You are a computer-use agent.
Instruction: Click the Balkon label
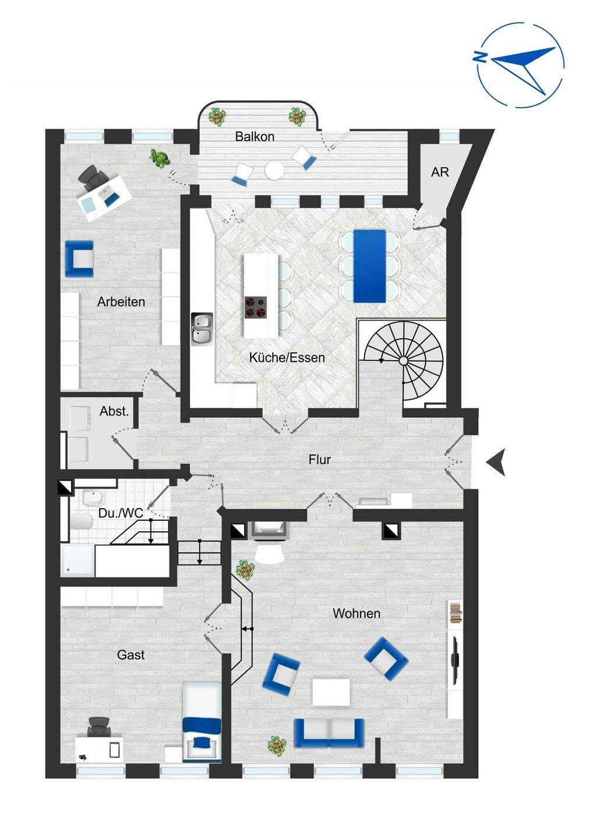[255, 137]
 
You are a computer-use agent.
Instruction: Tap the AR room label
[440, 172]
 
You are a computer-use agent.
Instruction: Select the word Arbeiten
[121, 302]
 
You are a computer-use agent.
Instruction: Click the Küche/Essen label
[287, 357]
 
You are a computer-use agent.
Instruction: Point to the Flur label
[319, 460]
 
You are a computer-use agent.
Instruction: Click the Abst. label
[114, 411]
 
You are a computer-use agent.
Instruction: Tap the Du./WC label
[120, 514]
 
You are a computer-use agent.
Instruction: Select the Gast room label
[130, 655]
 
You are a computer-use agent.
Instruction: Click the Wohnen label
[356, 613]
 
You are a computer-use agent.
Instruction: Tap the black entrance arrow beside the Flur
[496, 463]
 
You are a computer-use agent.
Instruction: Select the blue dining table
[369, 266]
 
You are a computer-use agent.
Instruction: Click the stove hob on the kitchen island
[255, 307]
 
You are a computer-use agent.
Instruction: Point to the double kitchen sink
[202, 329]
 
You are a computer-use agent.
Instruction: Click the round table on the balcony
[274, 170]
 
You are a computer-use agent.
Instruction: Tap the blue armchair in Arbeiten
[79, 258]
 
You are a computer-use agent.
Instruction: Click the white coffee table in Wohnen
[331, 693]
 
